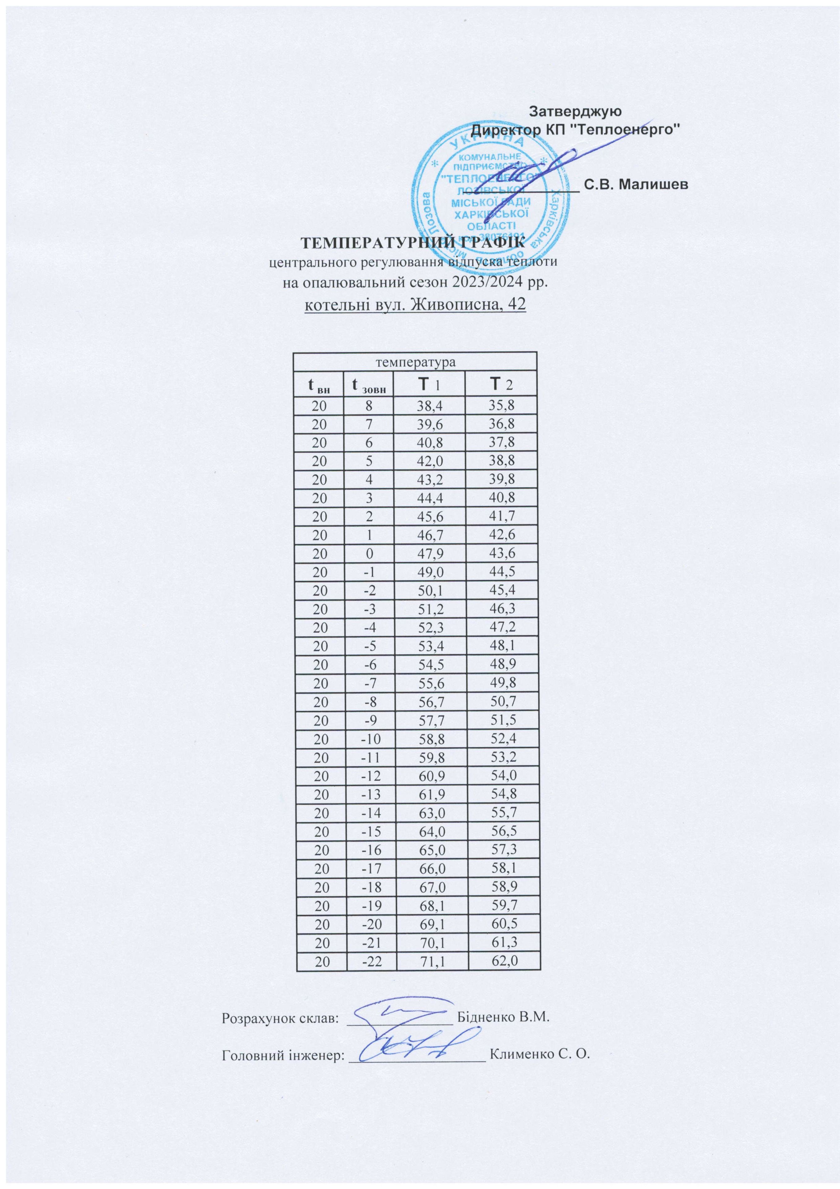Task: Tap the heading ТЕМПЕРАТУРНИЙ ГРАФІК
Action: [412, 243]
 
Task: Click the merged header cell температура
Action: [416, 361]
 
